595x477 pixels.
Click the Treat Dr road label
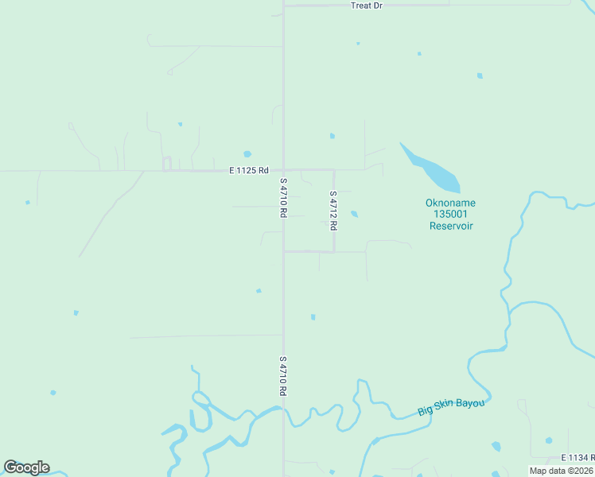(366, 6)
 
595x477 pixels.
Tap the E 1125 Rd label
(248, 170)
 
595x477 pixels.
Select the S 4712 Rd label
(334, 211)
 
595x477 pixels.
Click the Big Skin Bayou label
(451, 407)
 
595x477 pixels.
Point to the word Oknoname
(451, 202)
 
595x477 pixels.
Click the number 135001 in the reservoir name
(451, 214)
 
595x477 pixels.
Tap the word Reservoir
(451, 226)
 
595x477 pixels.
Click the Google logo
(26, 467)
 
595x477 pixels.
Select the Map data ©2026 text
(561, 471)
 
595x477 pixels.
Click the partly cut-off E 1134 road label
(577, 458)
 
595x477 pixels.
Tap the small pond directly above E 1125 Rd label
(247, 154)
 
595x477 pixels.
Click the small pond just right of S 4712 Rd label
(354, 214)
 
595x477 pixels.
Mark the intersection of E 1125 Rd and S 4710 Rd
(284, 170)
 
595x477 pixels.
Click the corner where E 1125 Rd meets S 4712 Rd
(333, 170)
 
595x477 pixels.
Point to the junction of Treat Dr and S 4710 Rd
(284, 6)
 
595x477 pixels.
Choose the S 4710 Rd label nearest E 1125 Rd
(283, 198)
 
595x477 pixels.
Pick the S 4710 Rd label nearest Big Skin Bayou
(283, 376)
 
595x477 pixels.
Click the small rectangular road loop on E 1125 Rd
(167, 164)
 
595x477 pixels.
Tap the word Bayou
(470, 404)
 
